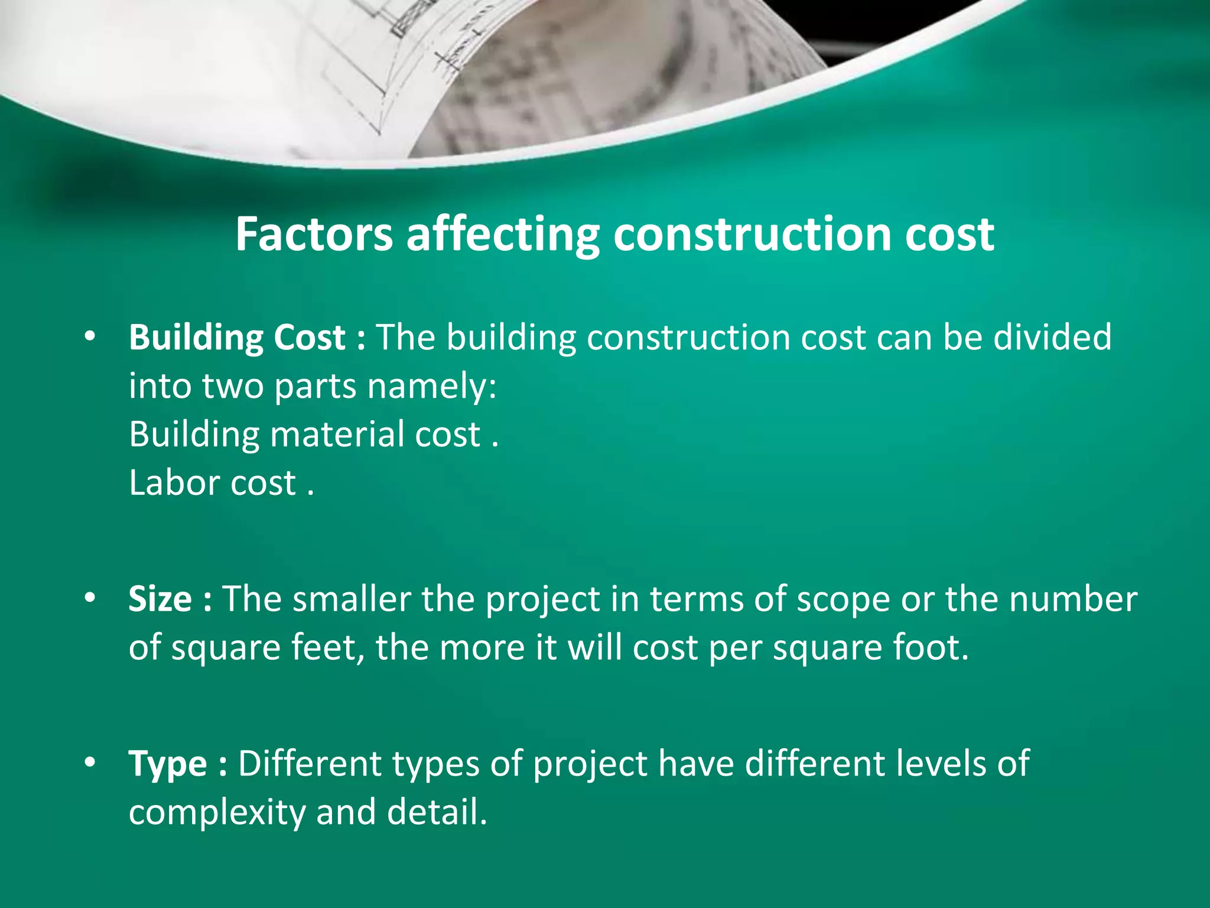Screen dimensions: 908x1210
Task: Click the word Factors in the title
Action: point(314,235)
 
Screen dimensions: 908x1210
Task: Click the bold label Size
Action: point(160,599)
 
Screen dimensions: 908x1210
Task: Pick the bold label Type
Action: point(168,763)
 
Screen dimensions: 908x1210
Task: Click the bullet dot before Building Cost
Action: point(90,337)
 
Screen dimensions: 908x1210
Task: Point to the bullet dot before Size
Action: point(90,598)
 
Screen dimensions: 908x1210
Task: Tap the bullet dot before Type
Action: point(90,763)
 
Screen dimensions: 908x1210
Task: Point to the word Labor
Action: point(174,483)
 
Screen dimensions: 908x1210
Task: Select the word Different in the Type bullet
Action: point(310,763)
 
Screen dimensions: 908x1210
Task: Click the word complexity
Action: point(217,812)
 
